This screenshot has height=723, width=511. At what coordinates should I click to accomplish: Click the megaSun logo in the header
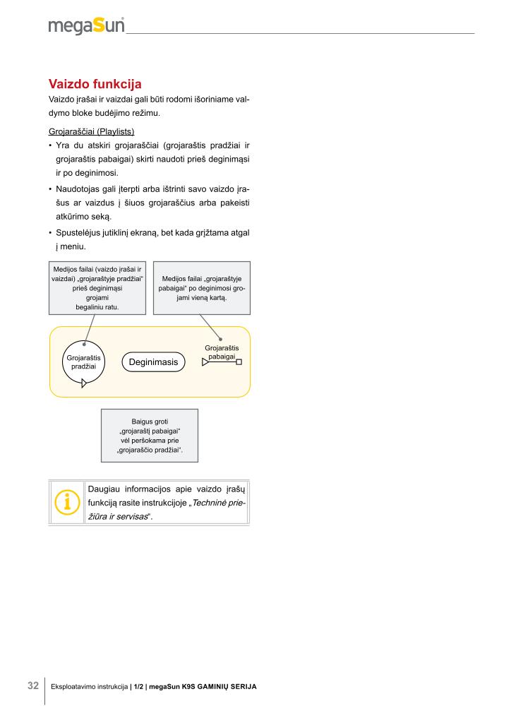86,26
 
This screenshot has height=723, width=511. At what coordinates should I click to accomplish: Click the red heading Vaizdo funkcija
95,85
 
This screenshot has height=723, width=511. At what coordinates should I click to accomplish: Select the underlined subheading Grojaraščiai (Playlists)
91,132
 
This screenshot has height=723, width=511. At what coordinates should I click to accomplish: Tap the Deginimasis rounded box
153,362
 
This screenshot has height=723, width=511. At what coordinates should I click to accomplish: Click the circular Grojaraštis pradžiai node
83,362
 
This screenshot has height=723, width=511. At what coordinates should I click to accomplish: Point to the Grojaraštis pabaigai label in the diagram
222,352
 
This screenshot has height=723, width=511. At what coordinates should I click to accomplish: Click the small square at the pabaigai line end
239,362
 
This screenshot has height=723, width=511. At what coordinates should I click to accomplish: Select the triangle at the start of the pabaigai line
205,362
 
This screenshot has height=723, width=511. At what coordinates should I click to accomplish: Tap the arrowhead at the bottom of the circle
84,383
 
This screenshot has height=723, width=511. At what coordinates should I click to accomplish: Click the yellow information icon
67,502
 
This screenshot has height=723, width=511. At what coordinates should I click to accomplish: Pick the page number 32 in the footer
33,686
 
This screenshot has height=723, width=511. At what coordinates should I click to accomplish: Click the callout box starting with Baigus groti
150,436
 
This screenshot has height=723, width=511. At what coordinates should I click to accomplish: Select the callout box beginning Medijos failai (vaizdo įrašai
97,288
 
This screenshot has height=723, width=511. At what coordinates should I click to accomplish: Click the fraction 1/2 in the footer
138,686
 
